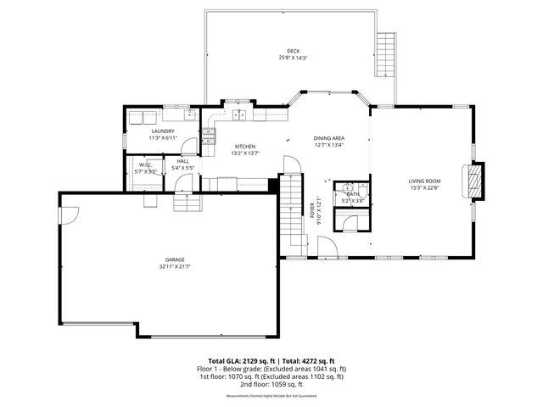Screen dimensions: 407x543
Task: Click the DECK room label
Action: point(293,51)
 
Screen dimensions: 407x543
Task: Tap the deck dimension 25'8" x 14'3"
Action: point(293,58)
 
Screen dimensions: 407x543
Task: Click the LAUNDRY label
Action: point(163,131)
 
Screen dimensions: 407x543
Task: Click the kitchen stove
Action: point(207,135)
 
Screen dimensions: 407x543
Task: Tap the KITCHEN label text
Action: point(245,147)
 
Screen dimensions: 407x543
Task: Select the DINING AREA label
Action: point(328,137)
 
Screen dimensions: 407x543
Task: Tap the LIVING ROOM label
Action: point(424,181)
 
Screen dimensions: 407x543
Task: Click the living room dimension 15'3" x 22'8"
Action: point(424,188)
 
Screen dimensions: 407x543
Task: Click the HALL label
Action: point(183,161)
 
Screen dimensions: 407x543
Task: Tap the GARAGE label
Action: point(175,259)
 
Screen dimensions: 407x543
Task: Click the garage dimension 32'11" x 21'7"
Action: point(175,267)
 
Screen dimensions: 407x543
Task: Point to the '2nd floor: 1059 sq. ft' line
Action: point(271,383)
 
